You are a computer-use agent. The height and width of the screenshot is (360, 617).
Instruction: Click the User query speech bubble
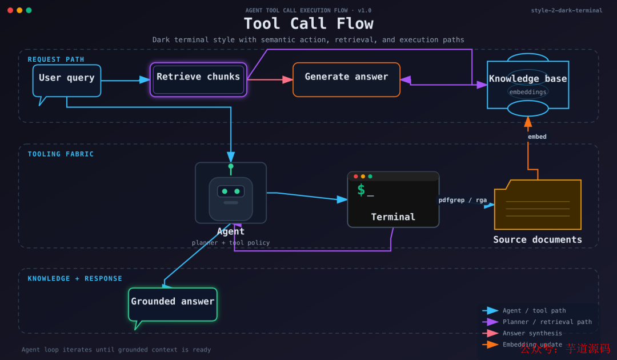67,79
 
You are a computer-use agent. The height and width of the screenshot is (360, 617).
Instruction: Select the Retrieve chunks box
198,79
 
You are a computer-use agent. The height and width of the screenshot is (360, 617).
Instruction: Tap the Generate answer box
346,79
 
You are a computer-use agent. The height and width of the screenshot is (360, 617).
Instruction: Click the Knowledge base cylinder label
528,79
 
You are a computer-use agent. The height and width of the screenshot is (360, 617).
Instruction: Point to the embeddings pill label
528,92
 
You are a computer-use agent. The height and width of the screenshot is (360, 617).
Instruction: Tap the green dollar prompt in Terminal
361,190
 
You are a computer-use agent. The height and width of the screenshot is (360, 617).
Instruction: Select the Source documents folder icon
537,205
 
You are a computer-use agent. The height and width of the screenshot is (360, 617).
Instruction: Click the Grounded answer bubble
173,303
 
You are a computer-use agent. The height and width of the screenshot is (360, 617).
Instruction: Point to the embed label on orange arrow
537,137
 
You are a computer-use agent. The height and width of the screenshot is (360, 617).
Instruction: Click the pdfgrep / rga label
463,200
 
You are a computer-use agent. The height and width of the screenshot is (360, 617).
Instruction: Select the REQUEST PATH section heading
56,59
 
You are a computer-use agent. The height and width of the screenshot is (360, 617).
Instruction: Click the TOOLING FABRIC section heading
61,154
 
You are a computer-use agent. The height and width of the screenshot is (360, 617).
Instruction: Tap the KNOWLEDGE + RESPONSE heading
75,279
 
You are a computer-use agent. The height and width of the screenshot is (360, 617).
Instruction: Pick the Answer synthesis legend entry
532,333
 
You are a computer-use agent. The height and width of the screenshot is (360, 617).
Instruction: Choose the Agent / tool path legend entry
534,311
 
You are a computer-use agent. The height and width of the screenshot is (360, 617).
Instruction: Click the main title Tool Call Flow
308,23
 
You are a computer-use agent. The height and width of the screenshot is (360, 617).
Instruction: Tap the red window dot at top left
10,10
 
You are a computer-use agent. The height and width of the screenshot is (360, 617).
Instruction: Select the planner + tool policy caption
231,243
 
